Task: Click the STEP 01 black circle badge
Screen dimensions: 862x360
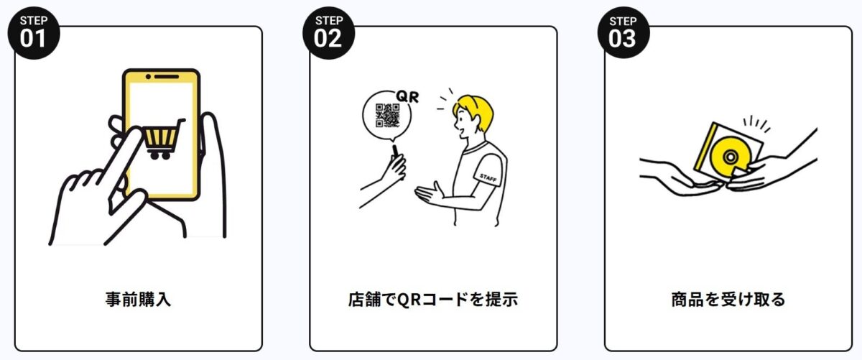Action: click(34, 33)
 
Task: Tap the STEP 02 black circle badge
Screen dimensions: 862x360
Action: click(329, 33)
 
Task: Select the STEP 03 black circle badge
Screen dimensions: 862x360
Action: click(624, 33)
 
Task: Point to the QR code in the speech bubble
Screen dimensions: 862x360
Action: click(387, 115)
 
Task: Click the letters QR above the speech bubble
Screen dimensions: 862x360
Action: click(407, 96)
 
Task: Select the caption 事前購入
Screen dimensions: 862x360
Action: click(138, 300)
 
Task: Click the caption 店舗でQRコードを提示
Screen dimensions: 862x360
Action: click(433, 300)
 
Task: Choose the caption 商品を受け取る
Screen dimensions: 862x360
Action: click(728, 300)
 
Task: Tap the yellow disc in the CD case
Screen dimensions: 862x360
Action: click(730, 157)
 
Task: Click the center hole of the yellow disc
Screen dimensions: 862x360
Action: click(730, 157)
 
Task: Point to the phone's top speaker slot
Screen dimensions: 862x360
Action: click(167, 77)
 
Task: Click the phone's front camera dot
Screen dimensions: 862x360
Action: click(148, 77)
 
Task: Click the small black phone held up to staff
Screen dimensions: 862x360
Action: click(396, 152)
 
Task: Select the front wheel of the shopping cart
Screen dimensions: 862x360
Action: click(154, 156)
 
